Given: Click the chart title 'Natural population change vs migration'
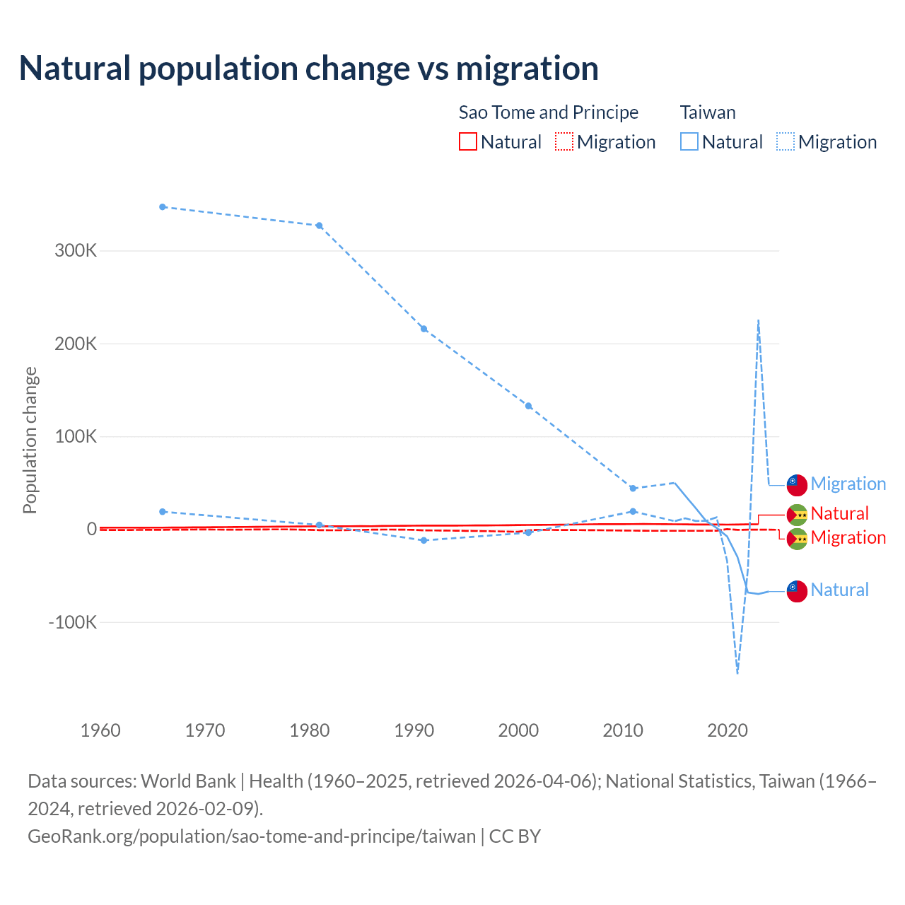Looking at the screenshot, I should point(309,69).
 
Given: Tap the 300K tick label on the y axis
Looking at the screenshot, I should point(76,251).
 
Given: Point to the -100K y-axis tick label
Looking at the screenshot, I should point(72,623).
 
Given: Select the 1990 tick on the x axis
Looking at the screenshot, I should point(414,730).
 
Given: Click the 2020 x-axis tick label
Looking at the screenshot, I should point(728,730).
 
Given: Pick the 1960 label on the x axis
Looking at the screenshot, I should point(100,730).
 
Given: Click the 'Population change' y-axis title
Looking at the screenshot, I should point(30,440).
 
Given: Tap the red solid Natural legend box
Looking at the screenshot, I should point(468,141).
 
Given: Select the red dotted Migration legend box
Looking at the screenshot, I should point(564,141).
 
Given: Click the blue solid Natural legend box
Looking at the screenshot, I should point(689,141).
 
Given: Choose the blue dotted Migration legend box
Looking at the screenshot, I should point(786,141).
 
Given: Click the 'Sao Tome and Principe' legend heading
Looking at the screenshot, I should point(549,112).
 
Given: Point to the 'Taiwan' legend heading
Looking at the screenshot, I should point(708,112).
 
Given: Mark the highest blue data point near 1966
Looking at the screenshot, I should point(163,207).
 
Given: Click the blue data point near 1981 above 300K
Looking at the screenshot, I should point(320,226).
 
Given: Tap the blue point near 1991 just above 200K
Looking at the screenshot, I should point(424,329).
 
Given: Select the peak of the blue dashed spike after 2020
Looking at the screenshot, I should point(759,320).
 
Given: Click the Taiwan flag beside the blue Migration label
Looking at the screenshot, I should point(797,484).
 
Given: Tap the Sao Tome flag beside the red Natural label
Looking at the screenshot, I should point(797,514).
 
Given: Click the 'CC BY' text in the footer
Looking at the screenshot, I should point(515,836).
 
